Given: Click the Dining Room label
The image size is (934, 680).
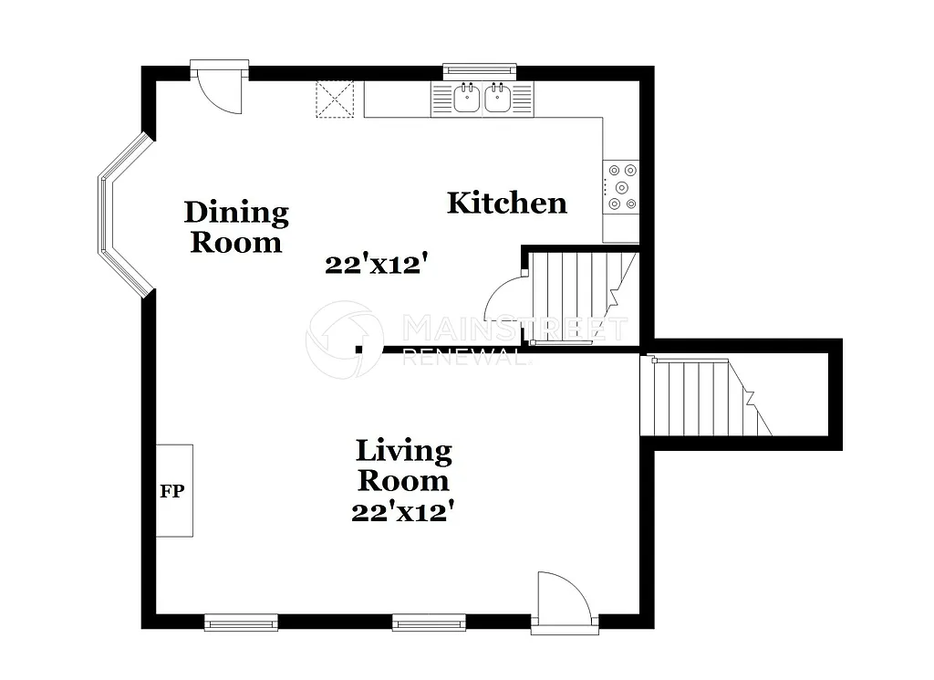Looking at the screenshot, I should [x=236, y=227].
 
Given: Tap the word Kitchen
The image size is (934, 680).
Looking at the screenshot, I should [x=506, y=203].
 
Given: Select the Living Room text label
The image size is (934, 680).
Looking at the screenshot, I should [x=403, y=465].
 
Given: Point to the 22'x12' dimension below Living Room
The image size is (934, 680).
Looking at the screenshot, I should [x=403, y=513].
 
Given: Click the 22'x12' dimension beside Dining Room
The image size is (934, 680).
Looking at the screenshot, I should [x=377, y=265].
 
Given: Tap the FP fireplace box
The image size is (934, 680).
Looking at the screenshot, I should [x=173, y=491].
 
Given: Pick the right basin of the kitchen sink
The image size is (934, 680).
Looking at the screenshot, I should [x=497, y=98].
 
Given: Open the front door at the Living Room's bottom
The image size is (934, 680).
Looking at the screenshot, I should [x=564, y=602].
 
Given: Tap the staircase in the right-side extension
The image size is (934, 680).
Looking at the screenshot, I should [x=706, y=397].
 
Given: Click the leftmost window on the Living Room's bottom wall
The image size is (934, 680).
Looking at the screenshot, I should [x=241, y=623].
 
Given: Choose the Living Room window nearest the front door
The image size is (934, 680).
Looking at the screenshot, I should [x=429, y=623].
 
